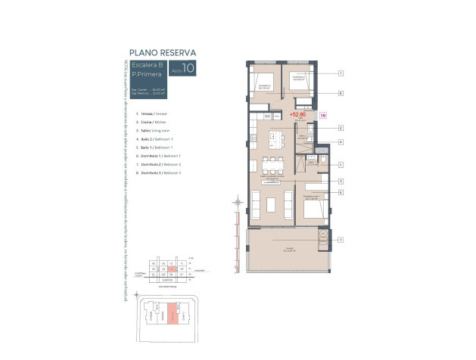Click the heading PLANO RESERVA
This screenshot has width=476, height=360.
163,52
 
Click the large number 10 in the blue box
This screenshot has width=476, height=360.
188,69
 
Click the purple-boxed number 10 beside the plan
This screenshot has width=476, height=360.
323,116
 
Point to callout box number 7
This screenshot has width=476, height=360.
341,73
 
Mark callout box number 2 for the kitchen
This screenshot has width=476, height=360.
341,128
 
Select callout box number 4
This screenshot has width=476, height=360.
341,141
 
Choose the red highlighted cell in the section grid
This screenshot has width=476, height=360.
172,268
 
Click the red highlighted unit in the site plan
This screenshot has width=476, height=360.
173,312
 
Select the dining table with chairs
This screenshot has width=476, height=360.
272,166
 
